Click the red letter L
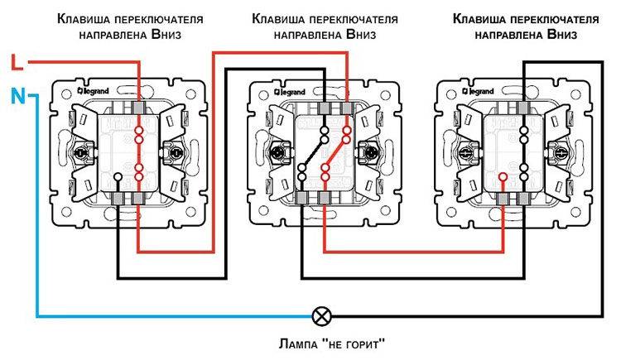pyautogui.click(x=17, y=62)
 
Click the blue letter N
pyautogui.click(x=18, y=96)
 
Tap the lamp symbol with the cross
pyautogui.click(x=321, y=316)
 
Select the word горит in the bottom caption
pyautogui.click(x=365, y=344)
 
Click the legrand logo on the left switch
pyautogui.click(x=93, y=91)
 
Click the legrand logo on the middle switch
pyautogui.click(x=291, y=93)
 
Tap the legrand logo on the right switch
pyautogui.click(x=478, y=92)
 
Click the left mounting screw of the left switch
pyautogui.click(x=82, y=152)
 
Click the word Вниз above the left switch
pyautogui.click(x=166, y=34)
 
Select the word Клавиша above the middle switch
pyautogui.click(x=278, y=18)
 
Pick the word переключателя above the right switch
pyautogui.click(x=554, y=19)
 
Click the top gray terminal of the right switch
pyautogui.click(x=523, y=108)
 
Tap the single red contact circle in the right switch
pyautogui.click(x=503, y=176)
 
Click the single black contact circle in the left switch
pyautogui.click(x=118, y=176)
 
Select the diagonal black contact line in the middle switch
pyautogui.click(x=313, y=153)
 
